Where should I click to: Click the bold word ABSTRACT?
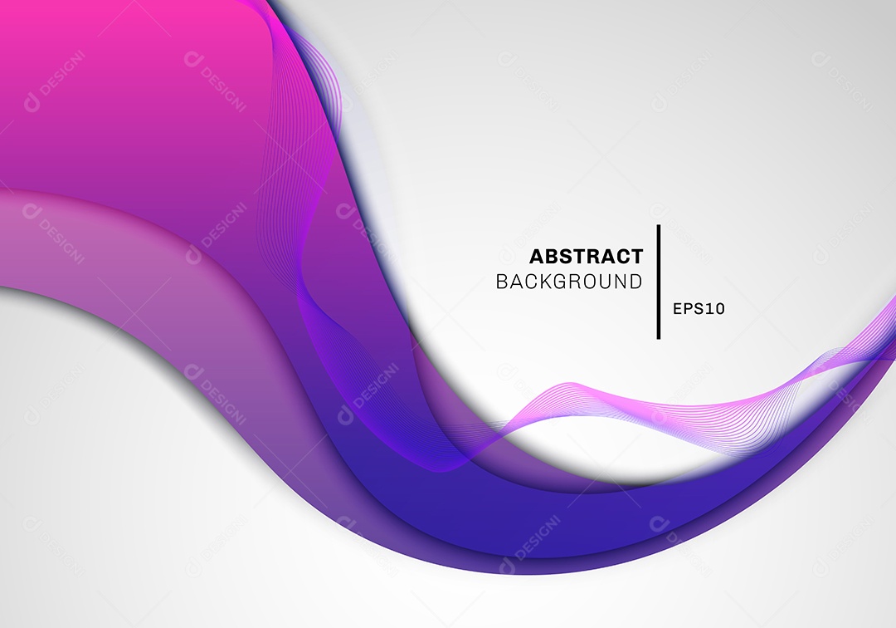point(587,256)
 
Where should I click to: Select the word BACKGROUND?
point(569,282)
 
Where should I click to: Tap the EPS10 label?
point(699,309)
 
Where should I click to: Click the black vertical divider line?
point(659,282)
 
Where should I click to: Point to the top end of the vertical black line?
point(659,225)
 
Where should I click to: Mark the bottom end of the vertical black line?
point(659,339)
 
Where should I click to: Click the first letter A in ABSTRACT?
point(537,256)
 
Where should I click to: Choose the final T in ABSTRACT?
point(637,256)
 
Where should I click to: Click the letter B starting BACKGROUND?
point(501,282)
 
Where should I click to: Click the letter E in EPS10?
point(678,309)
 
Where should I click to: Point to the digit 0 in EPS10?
point(720,309)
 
